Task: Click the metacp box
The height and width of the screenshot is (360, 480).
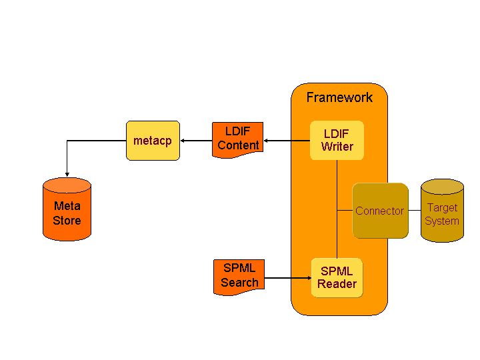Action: (153, 141)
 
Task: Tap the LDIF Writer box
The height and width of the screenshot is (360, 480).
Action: (337, 140)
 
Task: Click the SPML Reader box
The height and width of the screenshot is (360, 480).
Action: (337, 277)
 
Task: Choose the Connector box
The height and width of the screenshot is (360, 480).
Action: (380, 211)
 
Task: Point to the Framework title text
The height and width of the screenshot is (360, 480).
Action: (339, 97)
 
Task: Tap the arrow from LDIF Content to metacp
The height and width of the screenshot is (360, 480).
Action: (197, 141)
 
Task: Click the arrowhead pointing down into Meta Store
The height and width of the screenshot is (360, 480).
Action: (67, 173)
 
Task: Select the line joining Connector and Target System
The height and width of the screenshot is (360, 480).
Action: (414, 211)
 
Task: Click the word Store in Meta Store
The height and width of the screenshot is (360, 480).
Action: (67, 221)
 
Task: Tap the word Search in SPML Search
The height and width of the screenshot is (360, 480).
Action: (239, 283)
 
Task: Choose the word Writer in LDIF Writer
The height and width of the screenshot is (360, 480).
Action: (337, 147)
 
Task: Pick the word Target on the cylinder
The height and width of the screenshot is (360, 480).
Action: (442, 207)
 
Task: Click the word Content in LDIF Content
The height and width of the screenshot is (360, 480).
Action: (238, 145)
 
